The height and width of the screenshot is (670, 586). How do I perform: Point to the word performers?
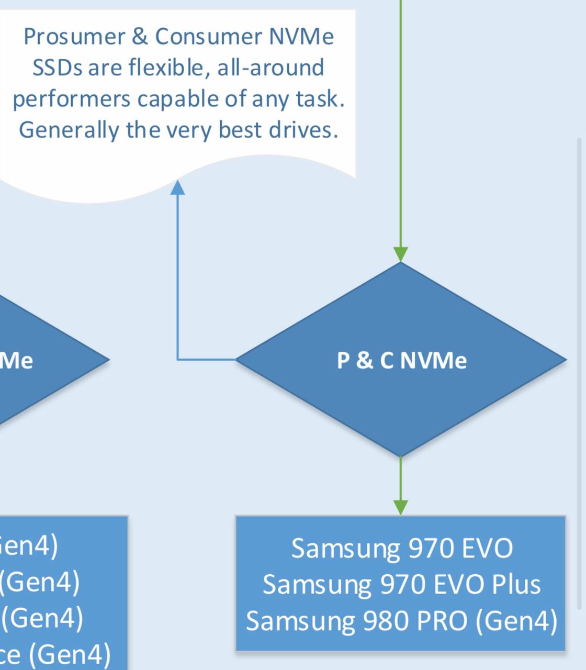coord(71,99)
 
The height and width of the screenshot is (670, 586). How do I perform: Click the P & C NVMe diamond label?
coord(401,360)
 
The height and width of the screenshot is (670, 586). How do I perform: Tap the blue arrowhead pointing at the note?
coord(178,187)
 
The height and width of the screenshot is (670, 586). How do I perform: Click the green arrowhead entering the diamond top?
coord(401,254)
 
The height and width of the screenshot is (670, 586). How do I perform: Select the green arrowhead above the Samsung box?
coord(401,507)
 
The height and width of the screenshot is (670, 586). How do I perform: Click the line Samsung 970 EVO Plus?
coord(401,584)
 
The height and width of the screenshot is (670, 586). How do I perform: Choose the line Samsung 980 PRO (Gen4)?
coord(401,621)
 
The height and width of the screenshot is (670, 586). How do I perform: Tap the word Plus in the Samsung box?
coord(516,584)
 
